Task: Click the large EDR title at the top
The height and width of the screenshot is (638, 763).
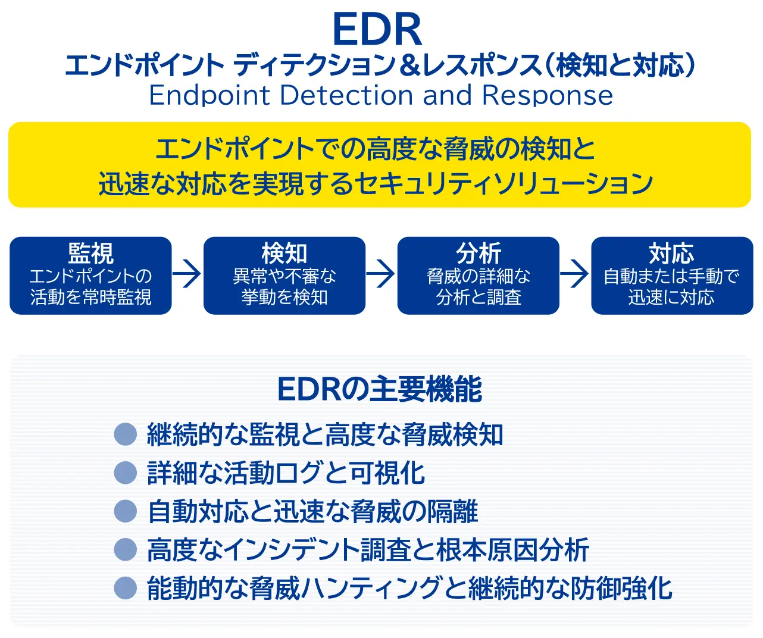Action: tap(377, 30)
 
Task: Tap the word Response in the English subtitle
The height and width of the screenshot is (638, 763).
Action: tap(547, 95)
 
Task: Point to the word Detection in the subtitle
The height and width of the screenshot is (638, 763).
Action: tap(346, 95)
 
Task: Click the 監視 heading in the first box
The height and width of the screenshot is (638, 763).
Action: tap(90, 254)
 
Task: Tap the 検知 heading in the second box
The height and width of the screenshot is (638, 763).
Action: tap(284, 254)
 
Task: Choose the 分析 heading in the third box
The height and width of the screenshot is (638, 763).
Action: tap(479, 254)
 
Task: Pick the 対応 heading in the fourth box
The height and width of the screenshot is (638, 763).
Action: tap(671, 254)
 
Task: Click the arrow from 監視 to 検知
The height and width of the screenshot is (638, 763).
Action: tap(187, 274)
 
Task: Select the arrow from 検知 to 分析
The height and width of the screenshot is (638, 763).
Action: tap(381, 274)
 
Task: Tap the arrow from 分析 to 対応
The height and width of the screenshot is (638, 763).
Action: tap(575, 274)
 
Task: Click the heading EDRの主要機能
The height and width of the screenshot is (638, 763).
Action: tap(380, 390)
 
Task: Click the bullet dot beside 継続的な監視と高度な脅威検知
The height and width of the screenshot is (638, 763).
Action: tap(126, 434)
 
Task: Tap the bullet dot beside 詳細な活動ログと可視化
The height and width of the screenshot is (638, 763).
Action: tap(126, 473)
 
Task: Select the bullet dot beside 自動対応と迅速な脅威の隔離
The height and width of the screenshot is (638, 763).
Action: tap(126, 511)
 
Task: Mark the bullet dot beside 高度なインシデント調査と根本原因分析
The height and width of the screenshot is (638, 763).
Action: tap(126, 549)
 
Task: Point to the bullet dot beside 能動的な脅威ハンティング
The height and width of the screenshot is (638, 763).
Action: tap(126, 588)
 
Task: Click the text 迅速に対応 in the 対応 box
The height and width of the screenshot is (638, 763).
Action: tap(671, 297)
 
